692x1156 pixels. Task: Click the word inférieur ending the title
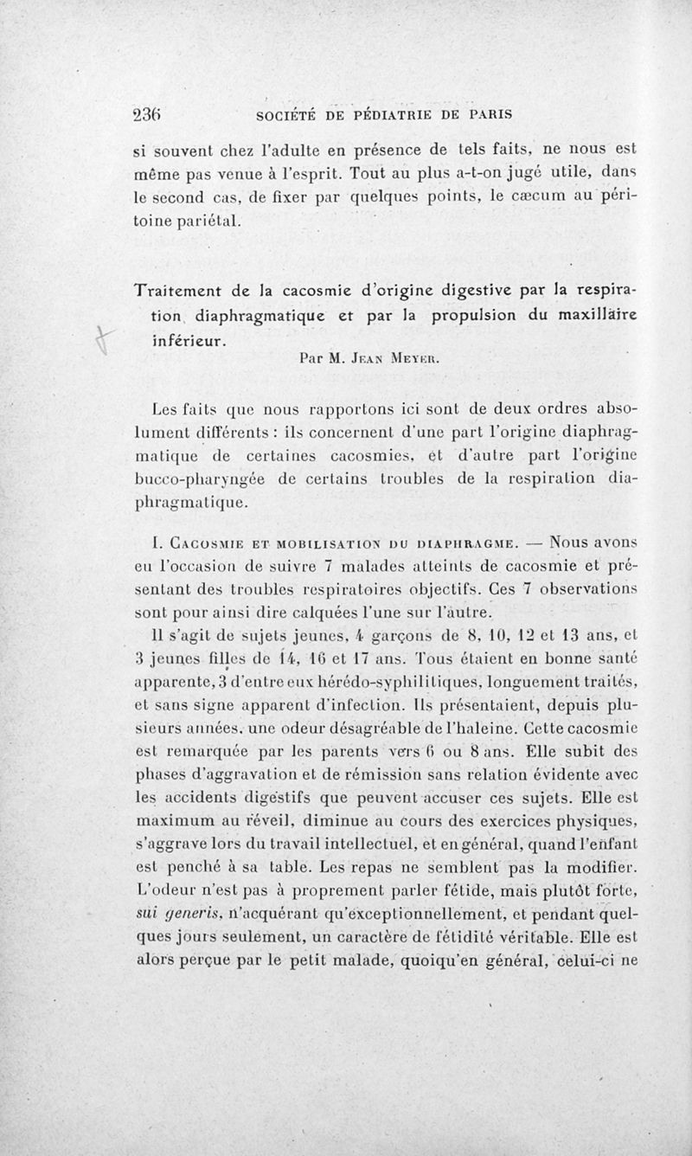coord(182,342)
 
